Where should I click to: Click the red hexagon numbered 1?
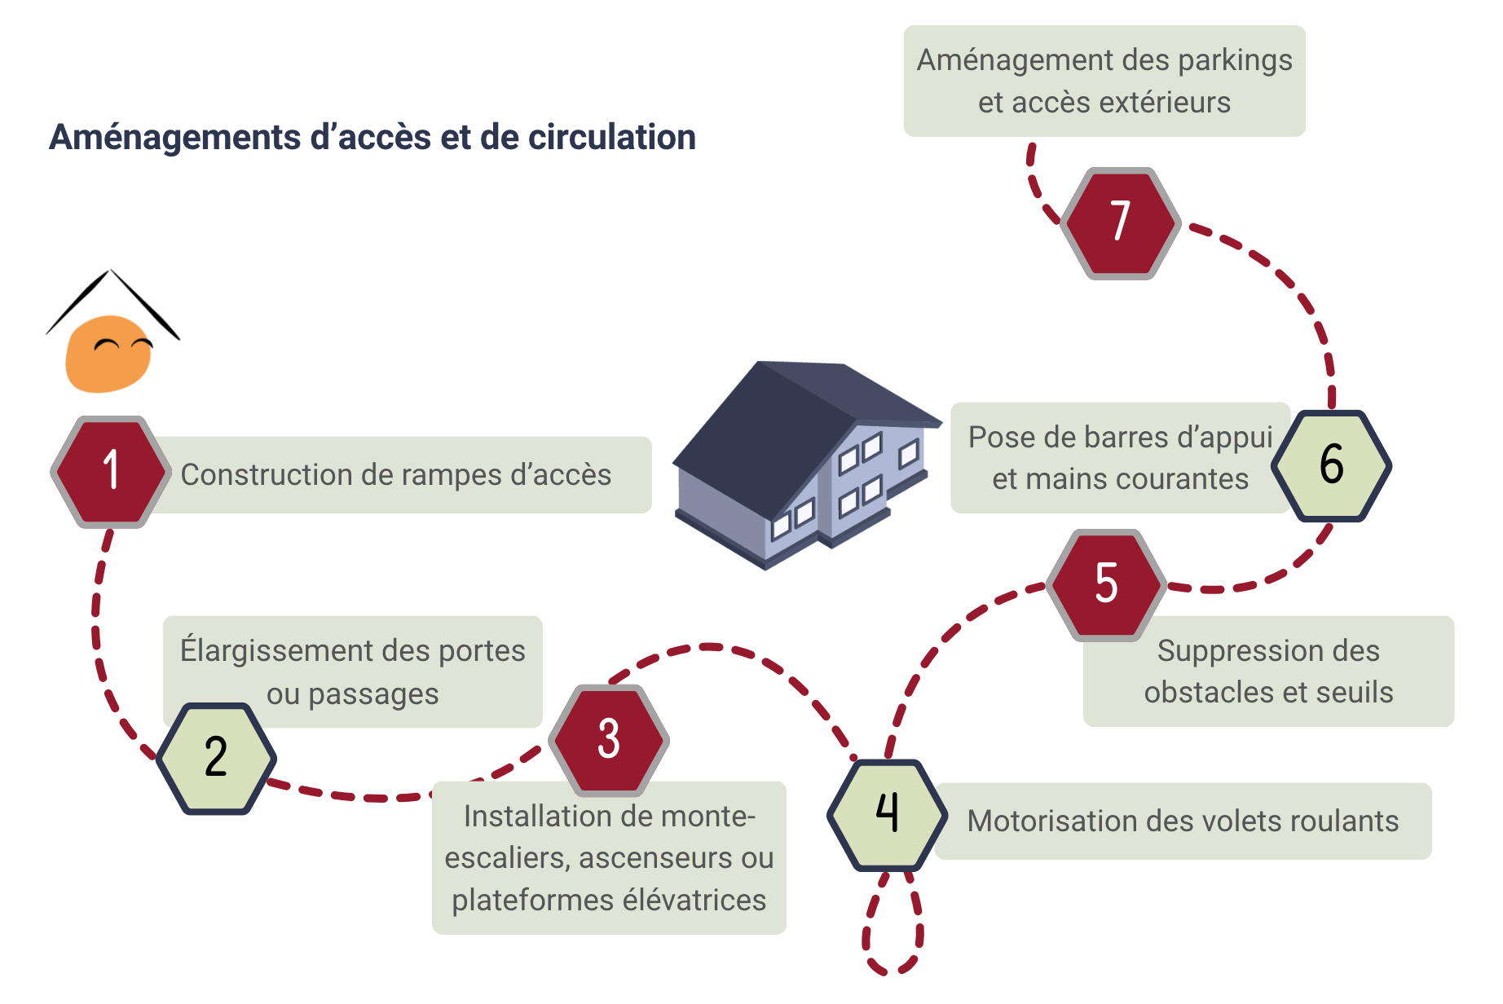[111, 472]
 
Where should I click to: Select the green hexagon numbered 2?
[216, 758]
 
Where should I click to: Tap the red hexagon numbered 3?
[609, 739]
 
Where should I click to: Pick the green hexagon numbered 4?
[888, 814]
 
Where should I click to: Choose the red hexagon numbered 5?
[1106, 583]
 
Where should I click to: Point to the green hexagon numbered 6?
[1331, 465]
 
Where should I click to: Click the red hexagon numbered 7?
[1121, 222]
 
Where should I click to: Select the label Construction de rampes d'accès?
[396, 475]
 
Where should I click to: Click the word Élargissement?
[271, 651]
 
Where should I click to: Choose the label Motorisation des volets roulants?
[1182, 821]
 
